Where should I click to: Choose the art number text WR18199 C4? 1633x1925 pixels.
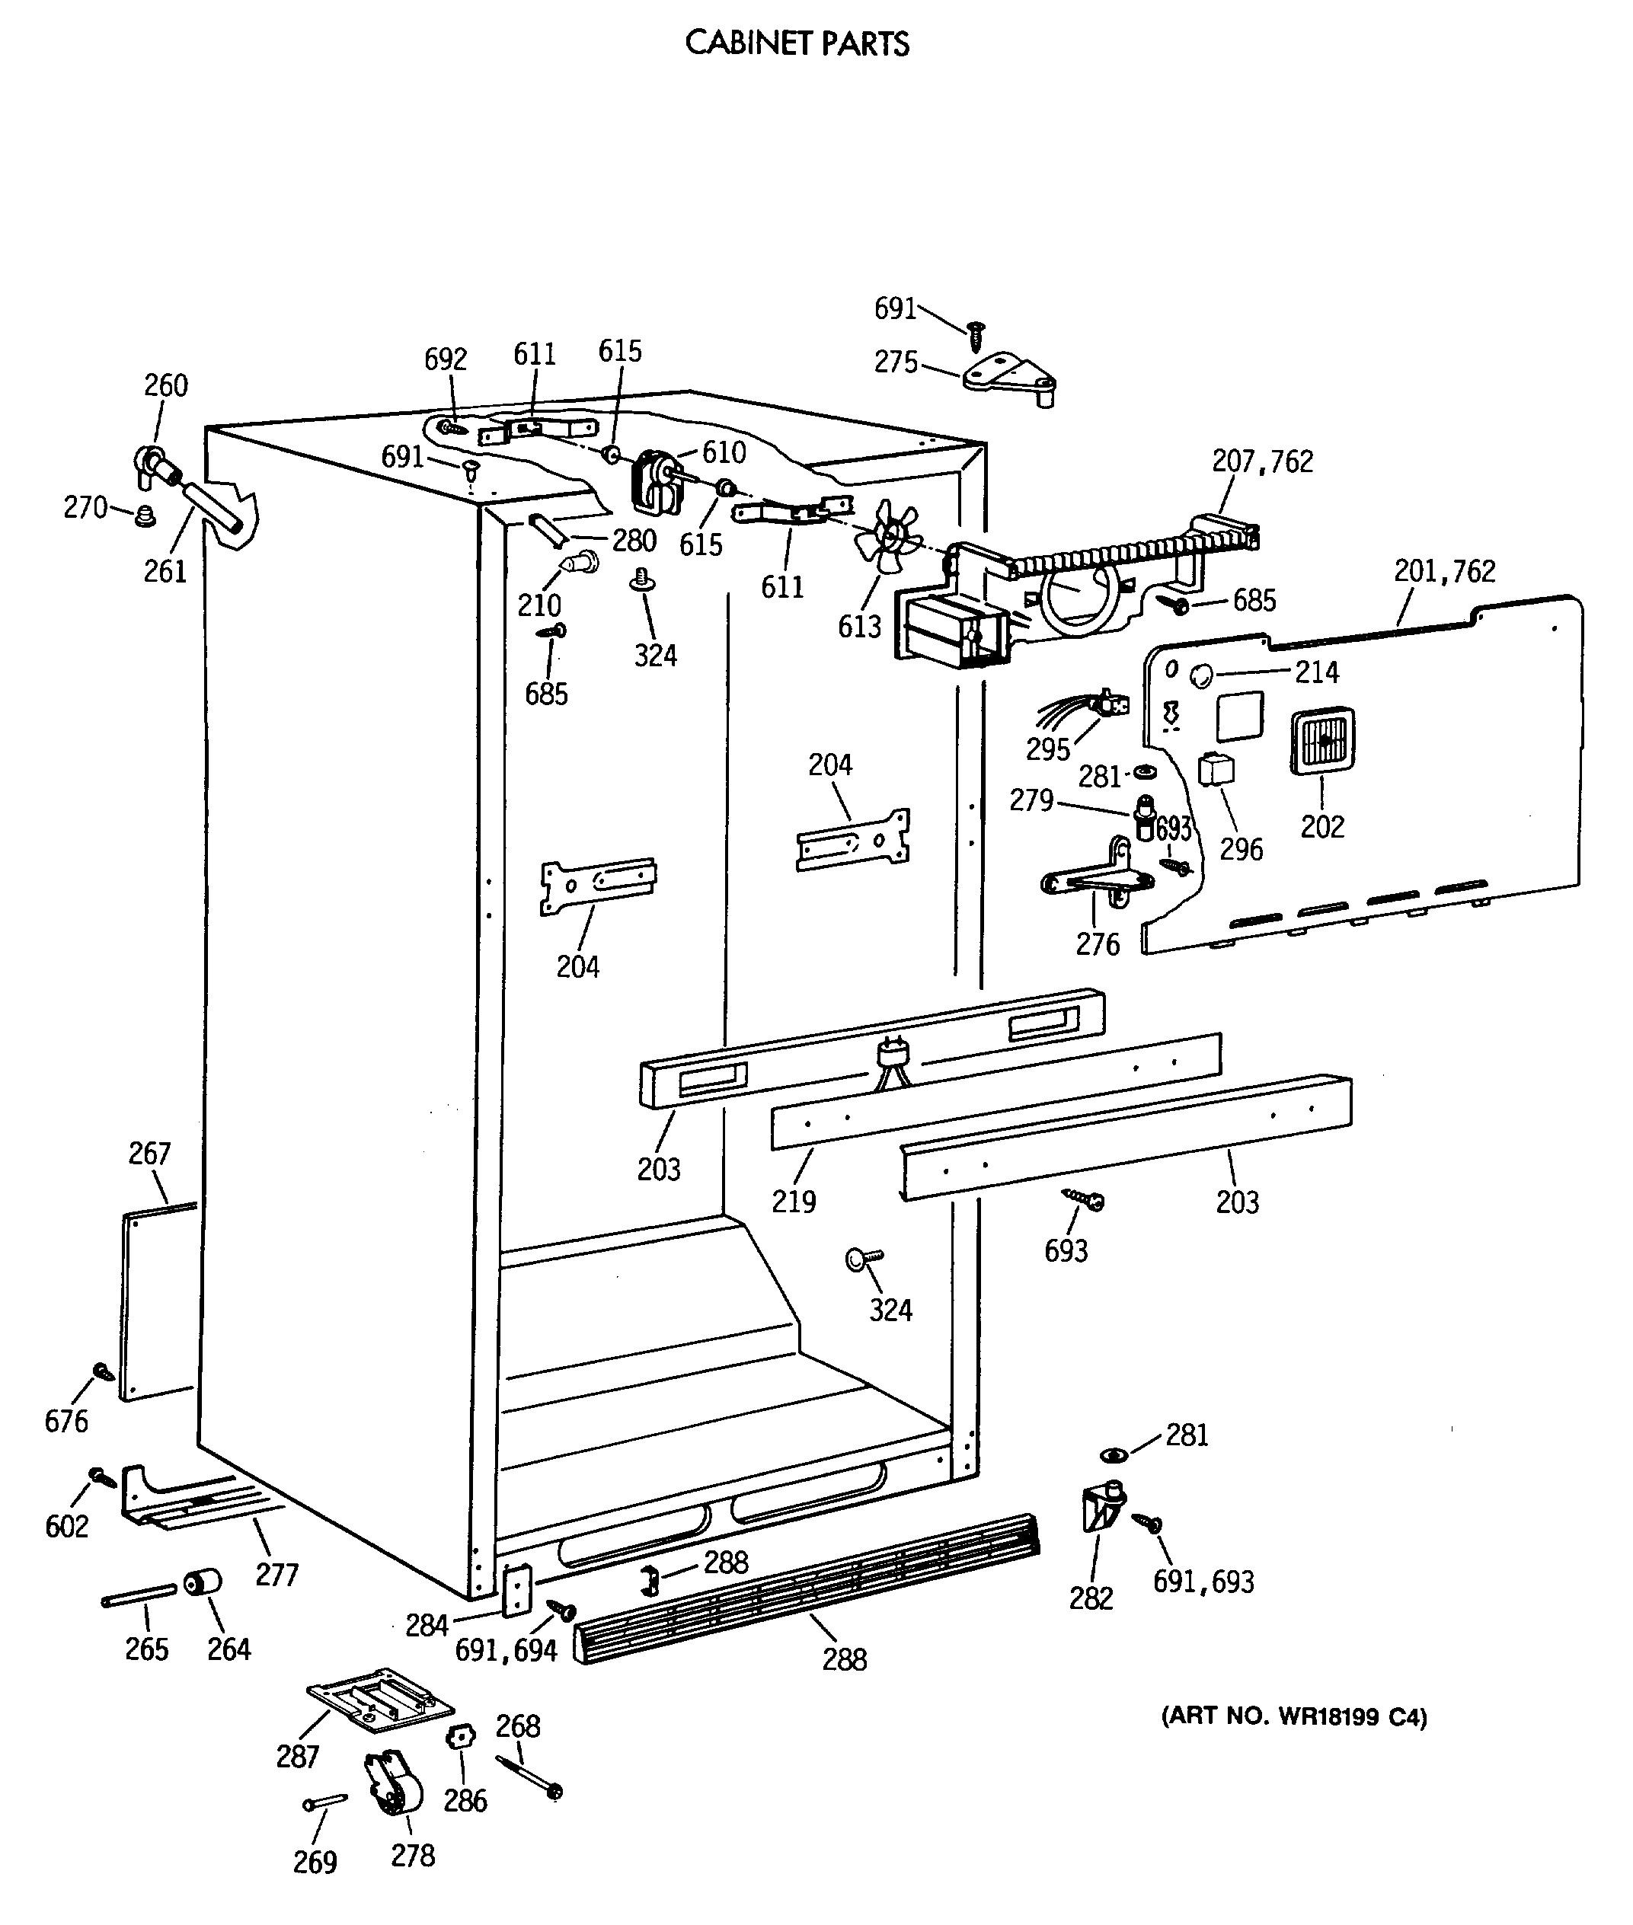click(x=1293, y=1717)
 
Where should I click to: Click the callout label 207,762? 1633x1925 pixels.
click(x=1263, y=461)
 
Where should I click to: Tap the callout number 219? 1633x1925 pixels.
click(x=794, y=1202)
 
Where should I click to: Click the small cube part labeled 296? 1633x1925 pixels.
click(x=1216, y=768)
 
